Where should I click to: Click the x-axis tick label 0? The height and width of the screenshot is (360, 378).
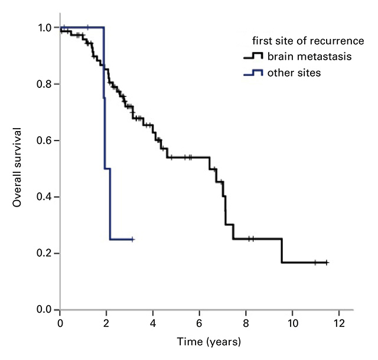60,323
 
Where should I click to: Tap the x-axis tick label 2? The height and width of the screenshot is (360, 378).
106,323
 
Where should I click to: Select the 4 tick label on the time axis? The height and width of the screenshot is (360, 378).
152,323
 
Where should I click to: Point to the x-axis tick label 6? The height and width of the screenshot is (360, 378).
199,323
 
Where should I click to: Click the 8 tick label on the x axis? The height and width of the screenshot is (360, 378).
246,323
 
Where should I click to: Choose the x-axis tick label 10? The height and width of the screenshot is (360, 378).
292,323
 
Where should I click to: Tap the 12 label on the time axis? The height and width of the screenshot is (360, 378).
338,323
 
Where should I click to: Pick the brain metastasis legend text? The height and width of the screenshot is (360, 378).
301,57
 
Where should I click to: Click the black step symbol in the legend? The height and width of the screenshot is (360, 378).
253,57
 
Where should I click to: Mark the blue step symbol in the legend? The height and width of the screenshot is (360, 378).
253,73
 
